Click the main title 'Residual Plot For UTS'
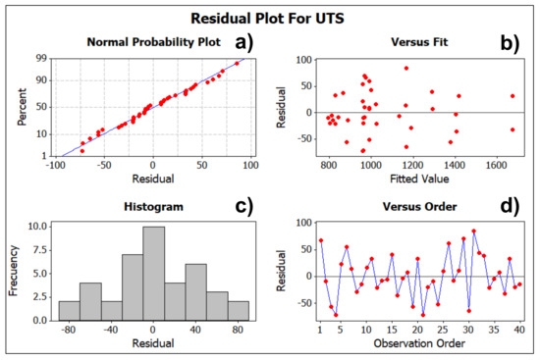270,17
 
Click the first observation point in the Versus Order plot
320,240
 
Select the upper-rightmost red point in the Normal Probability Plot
237,63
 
